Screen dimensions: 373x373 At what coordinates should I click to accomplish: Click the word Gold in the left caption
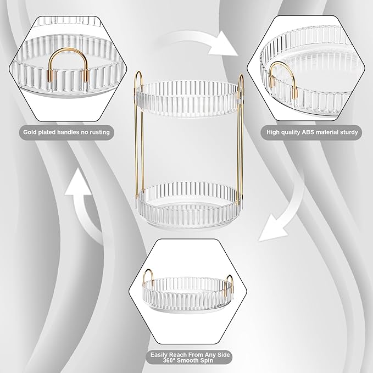(x=30, y=132)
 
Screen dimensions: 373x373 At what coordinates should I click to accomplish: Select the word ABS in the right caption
(x=308, y=132)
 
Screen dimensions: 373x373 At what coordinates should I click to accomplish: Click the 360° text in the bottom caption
(x=170, y=360)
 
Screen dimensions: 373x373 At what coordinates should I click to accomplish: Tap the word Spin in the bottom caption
(x=207, y=360)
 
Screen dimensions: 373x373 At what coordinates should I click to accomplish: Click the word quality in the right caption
(x=291, y=132)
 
